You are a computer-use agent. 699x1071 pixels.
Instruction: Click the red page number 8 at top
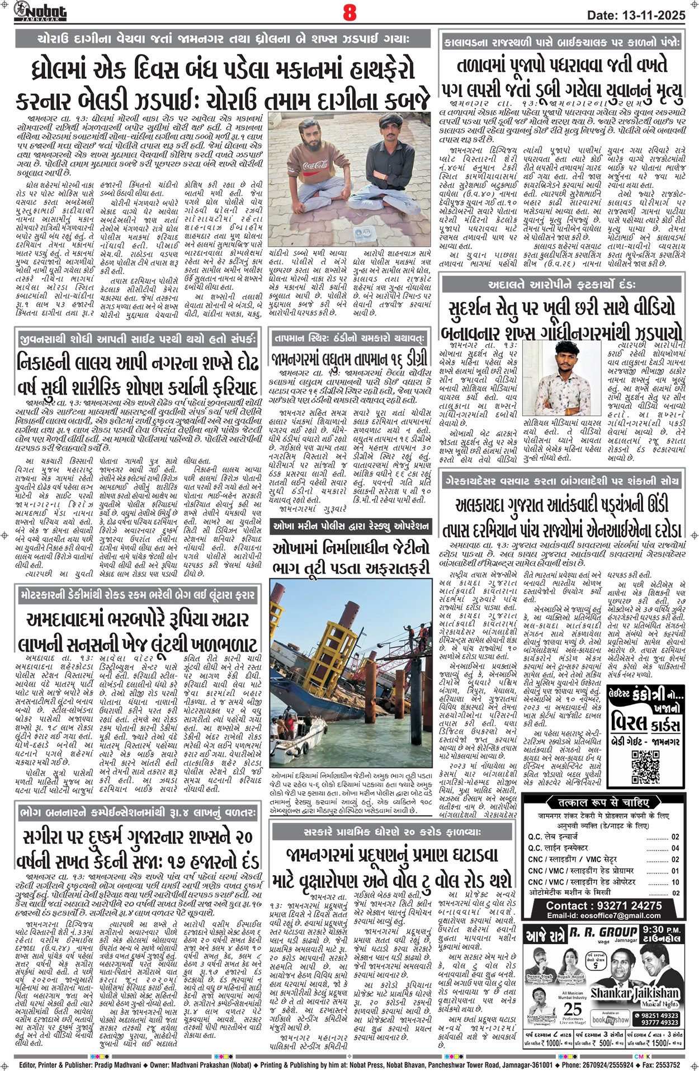click(x=349, y=13)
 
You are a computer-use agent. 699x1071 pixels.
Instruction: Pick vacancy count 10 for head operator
click(x=675, y=882)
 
